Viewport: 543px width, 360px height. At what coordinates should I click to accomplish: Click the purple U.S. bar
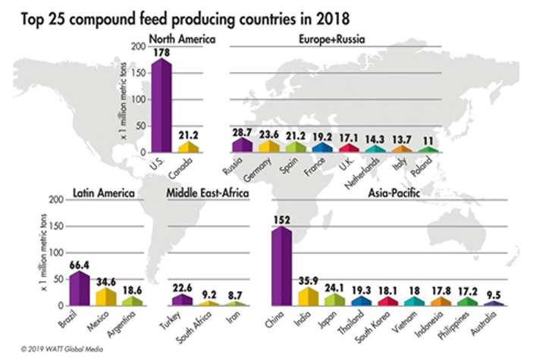pos(162,106)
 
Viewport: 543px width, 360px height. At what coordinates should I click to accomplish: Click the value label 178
pos(161,52)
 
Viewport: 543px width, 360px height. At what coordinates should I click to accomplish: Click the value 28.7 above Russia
pos(242,132)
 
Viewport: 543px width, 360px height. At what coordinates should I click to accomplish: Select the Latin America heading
pos(102,193)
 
